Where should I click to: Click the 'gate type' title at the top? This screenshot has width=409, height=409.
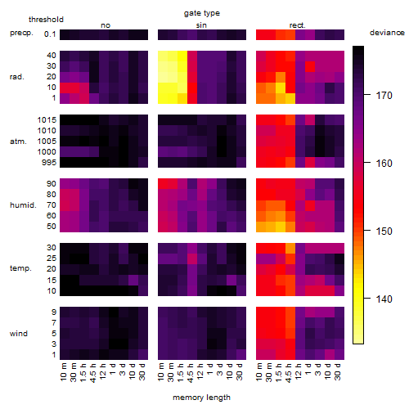[x=202, y=13]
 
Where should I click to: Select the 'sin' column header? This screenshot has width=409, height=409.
[x=201, y=25]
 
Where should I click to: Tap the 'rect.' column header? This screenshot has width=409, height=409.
[x=298, y=25]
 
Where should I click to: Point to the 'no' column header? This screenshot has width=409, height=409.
[x=106, y=25]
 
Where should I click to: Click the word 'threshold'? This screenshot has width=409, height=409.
[x=46, y=20]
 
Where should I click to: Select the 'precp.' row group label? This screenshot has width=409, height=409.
[x=21, y=33]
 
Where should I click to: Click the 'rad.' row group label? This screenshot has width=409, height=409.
[x=17, y=77]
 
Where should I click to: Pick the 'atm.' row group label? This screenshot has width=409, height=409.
[x=18, y=142]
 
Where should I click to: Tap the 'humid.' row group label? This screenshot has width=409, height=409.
[x=23, y=204]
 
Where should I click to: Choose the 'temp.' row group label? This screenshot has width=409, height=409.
[x=20, y=268]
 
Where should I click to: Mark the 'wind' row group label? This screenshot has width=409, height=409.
[x=19, y=334]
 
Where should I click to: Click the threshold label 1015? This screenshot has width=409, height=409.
[x=47, y=120]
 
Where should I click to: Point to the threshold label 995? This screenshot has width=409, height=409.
[x=49, y=163]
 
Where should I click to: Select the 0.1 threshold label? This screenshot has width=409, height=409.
[x=50, y=34]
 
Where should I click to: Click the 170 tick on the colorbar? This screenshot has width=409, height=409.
[x=384, y=96]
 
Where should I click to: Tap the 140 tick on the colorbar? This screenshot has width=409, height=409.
[x=384, y=299]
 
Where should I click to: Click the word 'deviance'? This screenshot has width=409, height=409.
[x=387, y=33]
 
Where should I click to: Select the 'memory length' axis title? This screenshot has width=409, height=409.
[x=201, y=398]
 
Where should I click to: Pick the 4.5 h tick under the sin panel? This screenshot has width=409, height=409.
[x=191, y=372]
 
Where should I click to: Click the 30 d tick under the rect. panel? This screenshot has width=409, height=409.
[x=338, y=371]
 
